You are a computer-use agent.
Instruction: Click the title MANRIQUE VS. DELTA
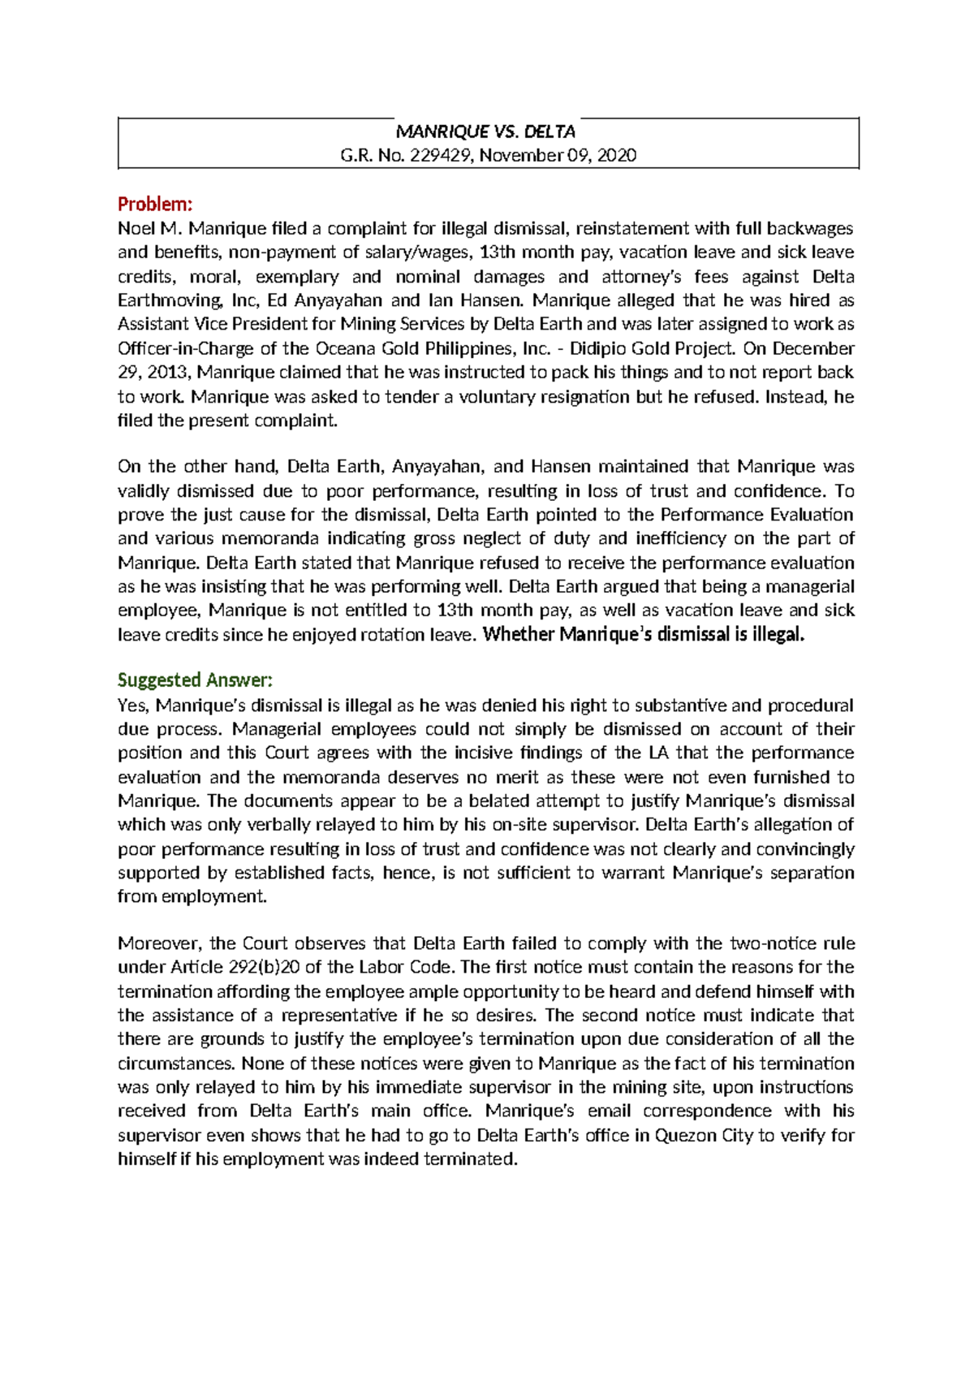pos(485,132)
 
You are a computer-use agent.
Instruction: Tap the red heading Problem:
pos(155,203)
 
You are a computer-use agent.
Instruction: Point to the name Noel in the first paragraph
pos(136,228)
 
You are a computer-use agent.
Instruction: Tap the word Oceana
pos(346,348)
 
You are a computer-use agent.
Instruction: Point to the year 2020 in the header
pos(617,155)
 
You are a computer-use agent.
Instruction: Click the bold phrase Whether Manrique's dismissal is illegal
pos(643,634)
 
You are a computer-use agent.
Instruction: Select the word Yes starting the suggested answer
pos(133,706)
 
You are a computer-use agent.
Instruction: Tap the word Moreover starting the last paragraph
pos(160,943)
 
